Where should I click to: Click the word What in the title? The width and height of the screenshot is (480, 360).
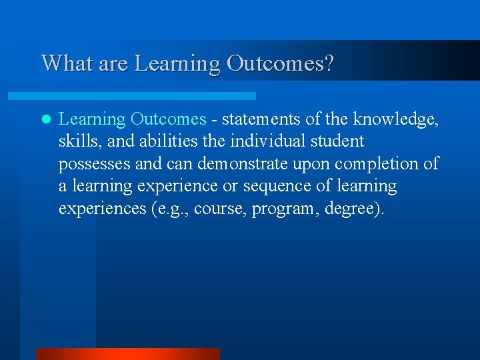(63, 63)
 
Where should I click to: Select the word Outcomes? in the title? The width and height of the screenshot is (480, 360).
(281, 63)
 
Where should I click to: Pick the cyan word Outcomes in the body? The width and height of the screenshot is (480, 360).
(168, 119)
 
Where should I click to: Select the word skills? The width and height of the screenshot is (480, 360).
(77, 141)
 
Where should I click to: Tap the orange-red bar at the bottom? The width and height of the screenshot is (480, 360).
(127, 354)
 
